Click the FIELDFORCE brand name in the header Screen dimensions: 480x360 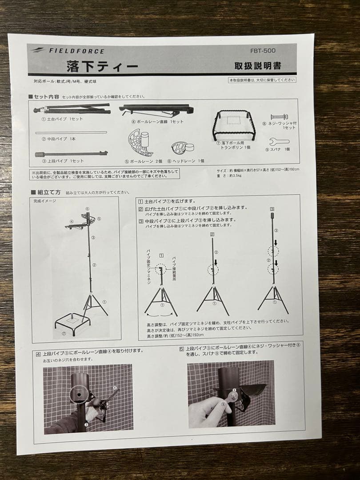click(x=76, y=51)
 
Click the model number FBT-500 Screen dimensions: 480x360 click(x=269, y=51)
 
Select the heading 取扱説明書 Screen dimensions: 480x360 click(x=258, y=66)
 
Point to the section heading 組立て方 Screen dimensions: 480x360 click(x=48, y=192)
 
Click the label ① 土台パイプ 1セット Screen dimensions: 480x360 click(x=62, y=119)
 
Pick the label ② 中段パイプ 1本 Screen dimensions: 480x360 click(x=59, y=139)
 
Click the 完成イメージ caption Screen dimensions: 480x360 click(x=45, y=201)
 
